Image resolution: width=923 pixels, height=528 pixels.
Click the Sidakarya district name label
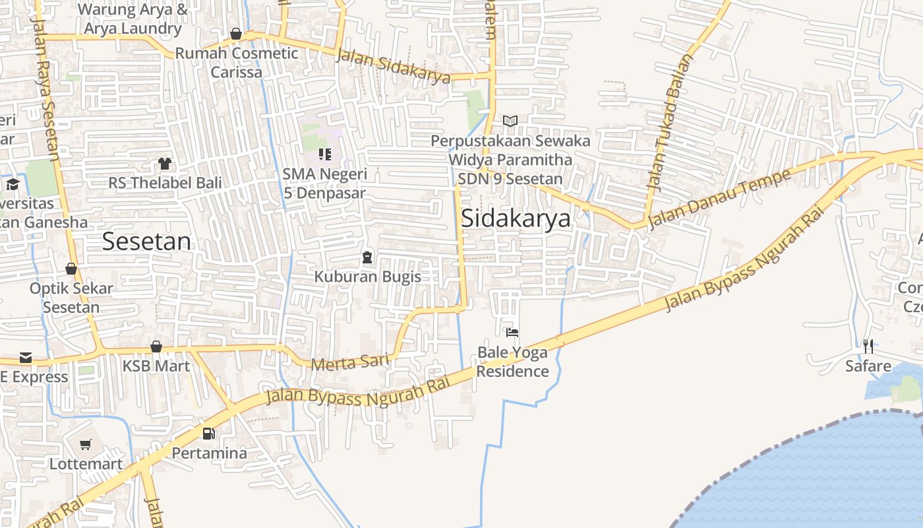point(516,218)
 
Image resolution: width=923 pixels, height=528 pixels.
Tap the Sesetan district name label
point(146,242)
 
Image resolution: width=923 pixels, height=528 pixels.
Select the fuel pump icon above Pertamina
point(209,434)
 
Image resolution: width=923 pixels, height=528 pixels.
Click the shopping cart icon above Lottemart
point(85,445)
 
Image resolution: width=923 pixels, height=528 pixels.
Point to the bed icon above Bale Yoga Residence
point(512,332)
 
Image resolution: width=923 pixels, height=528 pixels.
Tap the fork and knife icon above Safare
point(868,346)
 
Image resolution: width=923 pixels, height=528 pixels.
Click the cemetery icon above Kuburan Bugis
point(367,257)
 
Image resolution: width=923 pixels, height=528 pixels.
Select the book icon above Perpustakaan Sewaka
point(510,121)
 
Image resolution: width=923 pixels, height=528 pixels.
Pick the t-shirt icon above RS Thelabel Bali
point(164,163)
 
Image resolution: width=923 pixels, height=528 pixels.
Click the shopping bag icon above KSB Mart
point(156,346)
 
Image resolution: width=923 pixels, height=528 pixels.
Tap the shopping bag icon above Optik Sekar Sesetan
point(71,269)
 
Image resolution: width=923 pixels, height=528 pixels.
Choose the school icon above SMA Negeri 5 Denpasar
point(324,154)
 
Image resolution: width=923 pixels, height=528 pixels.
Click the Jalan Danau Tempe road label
point(719,199)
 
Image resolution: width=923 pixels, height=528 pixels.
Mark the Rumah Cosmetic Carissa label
point(237,63)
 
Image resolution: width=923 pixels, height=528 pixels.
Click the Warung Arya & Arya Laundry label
point(133,19)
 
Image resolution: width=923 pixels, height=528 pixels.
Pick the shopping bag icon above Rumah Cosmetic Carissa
point(236,34)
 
